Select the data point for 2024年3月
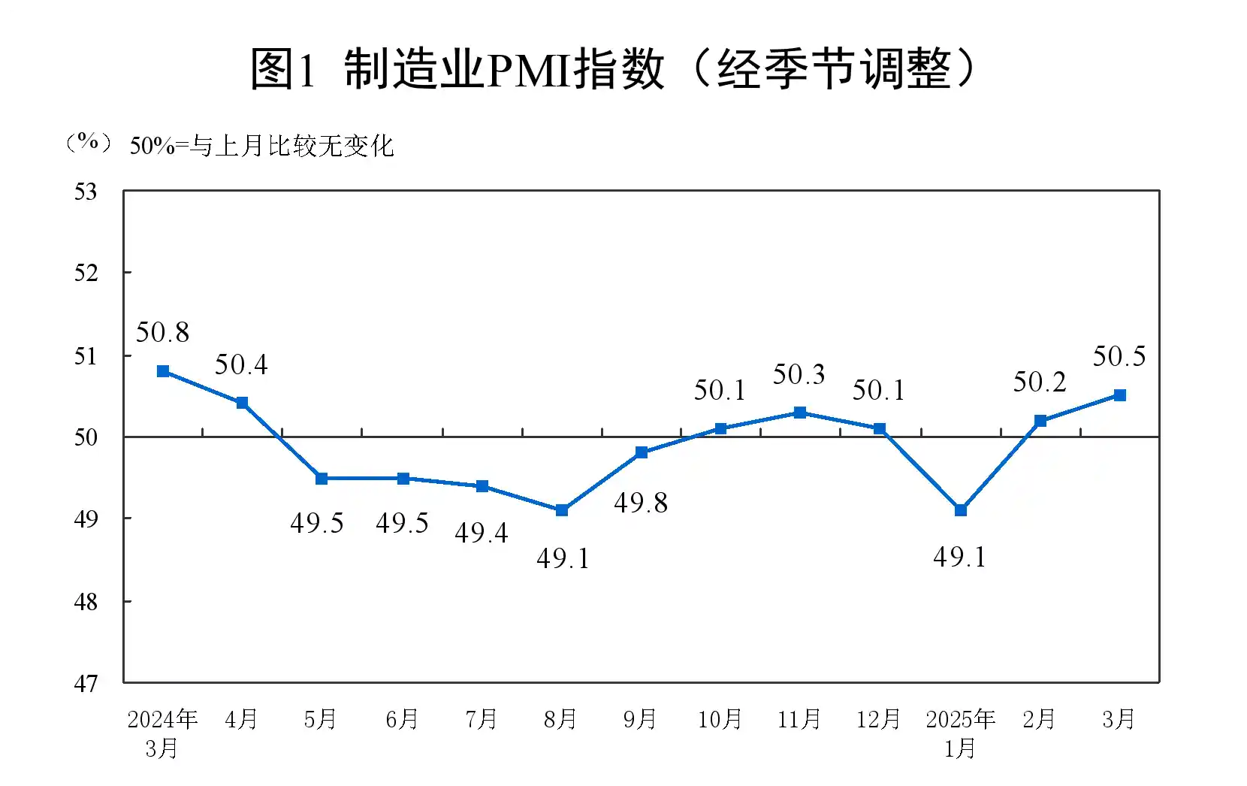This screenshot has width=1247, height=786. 163,371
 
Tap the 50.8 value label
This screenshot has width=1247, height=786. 162,332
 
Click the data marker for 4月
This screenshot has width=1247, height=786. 242,403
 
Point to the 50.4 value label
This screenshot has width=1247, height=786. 241,364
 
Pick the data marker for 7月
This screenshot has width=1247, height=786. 482,486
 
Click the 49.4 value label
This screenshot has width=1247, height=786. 482,533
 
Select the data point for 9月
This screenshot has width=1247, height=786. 642,452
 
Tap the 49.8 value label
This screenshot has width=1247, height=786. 641,503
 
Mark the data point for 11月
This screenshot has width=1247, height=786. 800,413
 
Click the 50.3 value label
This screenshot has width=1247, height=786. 799,374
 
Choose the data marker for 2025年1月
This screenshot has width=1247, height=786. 960,510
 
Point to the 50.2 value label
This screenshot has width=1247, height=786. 1040,382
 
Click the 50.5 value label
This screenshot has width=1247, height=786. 1119,356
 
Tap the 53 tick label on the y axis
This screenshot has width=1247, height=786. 86,192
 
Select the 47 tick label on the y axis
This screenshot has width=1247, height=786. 86,684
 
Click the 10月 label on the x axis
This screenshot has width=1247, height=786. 720,720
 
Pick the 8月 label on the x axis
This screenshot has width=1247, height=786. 560,720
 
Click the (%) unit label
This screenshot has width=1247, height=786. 89,142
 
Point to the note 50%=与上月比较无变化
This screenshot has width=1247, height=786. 261,146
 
